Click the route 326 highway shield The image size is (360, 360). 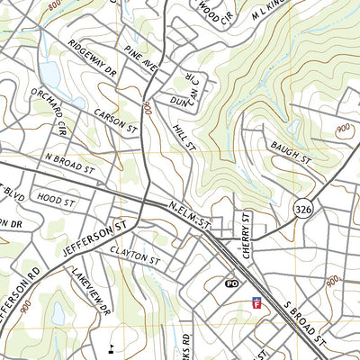tap(302, 209)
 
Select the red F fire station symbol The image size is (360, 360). tap(257, 305)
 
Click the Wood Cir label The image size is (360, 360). tap(211, 11)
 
